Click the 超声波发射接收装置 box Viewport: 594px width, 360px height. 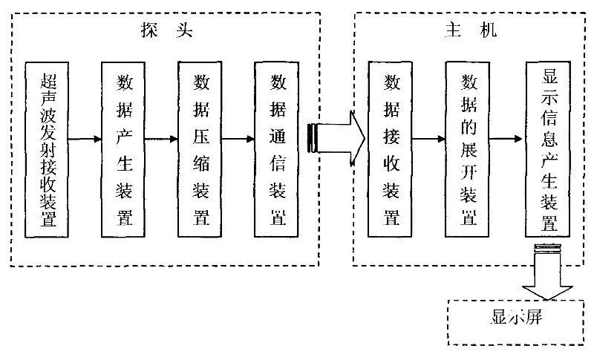[x=47, y=150]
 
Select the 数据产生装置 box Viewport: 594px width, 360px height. [x=123, y=150]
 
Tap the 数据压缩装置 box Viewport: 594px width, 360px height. [x=200, y=150]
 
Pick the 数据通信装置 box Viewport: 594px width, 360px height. [x=276, y=150]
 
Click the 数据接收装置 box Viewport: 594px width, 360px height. [x=390, y=150]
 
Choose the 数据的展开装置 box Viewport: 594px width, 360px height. [x=467, y=150]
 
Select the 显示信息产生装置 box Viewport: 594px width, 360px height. [x=548, y=150]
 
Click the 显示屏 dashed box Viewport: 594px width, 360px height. [x=515, y=322]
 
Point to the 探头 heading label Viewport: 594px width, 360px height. [x=166, y=30]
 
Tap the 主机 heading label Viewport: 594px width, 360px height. [x=471, y=30]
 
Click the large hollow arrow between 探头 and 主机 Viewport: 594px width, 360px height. [x=336, y=139]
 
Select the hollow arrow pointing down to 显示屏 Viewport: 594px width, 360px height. [x=547, y=272]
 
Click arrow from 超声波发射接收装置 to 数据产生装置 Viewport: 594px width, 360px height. [x=85, y=139]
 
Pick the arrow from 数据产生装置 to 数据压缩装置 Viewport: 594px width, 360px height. [x=162, y=139]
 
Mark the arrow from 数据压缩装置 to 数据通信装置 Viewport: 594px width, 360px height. [x=238, y=139]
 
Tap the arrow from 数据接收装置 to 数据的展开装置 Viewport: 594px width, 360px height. [x=429, y=139]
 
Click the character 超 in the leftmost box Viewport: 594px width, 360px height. [x=48, y=81]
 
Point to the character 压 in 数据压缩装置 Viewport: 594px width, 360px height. [x=201, y=136]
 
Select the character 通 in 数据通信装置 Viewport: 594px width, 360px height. [x=278, y=136]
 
